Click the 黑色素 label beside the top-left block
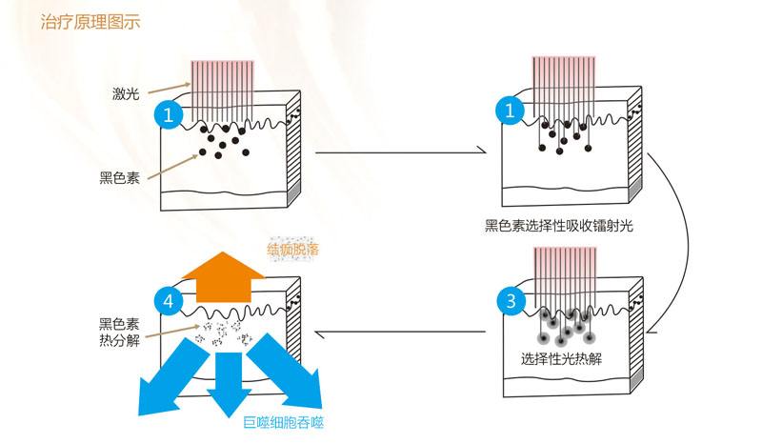[x=119, y=177]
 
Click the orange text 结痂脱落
[x=292, y=250]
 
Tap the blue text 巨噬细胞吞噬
[x=284, y=422]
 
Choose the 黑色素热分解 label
[x=119, y=333]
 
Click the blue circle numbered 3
[x=511, y=302]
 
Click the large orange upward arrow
[x=222, y=276]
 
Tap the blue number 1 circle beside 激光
[x=168, y=115]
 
